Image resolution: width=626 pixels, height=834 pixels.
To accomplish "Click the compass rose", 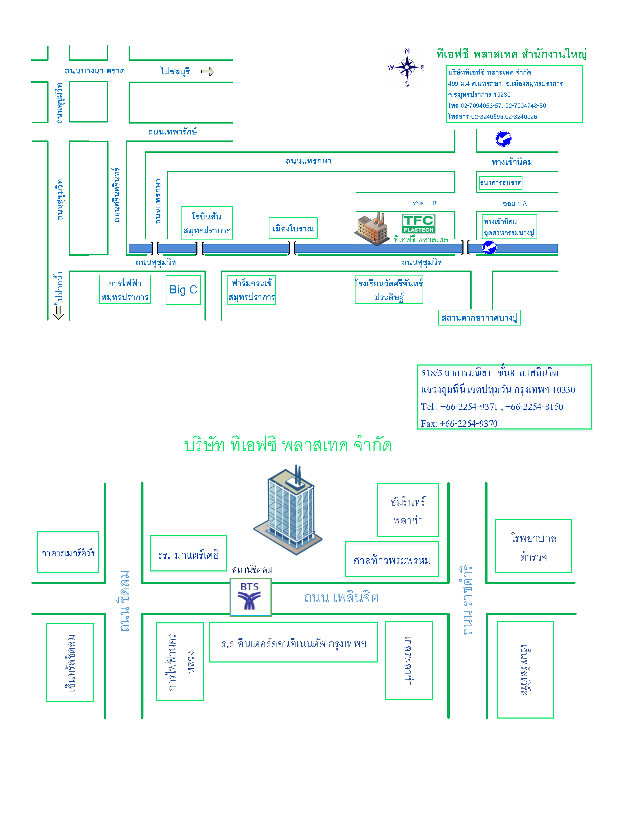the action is [x=406, y=68].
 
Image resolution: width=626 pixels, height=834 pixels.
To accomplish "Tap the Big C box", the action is [x=183, y=290].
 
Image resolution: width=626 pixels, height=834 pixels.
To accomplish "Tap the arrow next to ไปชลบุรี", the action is [x=208, y=72].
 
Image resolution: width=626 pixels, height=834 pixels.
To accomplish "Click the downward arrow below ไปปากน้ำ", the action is [x=58, y=312].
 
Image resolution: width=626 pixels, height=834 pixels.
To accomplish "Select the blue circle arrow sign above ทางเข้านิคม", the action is [x=503, y=139].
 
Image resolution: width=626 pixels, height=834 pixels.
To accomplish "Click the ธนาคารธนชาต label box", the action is [x=500, y=183].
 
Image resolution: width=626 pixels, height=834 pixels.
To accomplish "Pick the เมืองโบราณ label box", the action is [x=293, y=228].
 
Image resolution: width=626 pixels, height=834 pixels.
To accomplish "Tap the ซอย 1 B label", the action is [x=424, y=203].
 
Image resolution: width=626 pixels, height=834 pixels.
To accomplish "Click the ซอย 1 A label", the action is [x=515, y=204].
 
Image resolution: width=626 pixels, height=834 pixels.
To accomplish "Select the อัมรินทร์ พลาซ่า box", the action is [x=407, y=510].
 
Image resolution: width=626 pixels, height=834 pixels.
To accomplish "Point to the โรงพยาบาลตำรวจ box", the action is [x=533, y=546].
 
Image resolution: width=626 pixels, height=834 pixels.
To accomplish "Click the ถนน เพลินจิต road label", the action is [x=341, y=598].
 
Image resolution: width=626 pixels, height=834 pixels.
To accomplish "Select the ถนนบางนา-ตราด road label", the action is [x=95, y=71].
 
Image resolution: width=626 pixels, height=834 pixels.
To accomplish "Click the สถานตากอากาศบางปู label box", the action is [x=479, y=317].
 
